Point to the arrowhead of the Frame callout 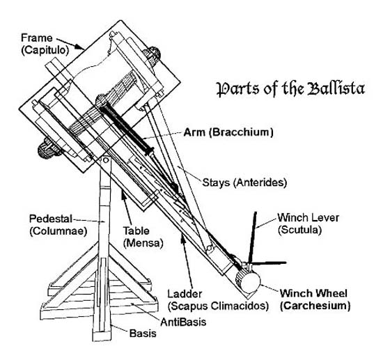84,46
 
